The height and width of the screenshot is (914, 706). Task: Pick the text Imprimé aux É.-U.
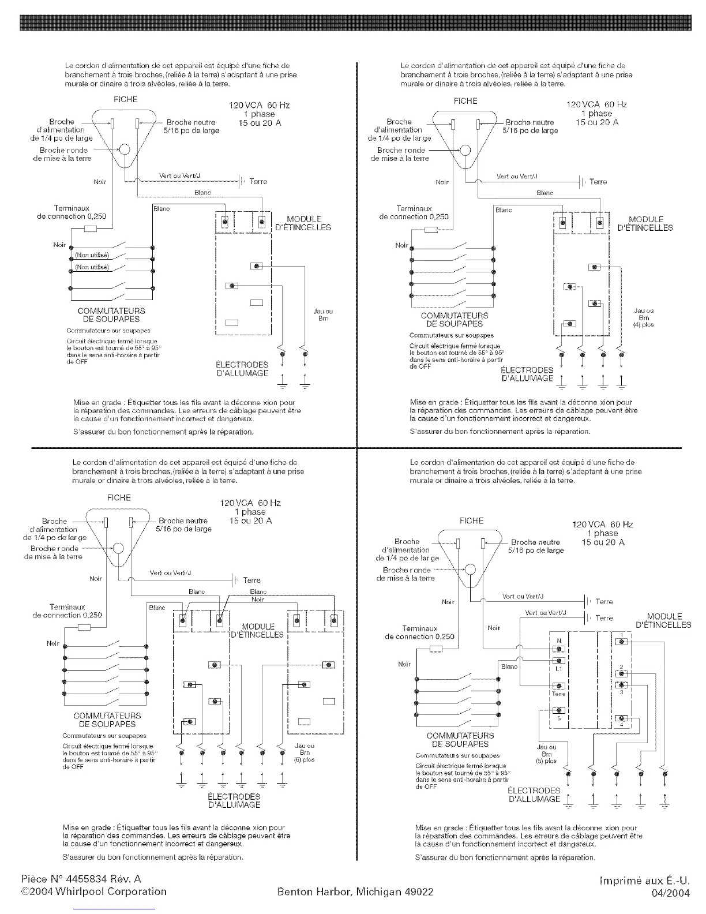(x=644, y=881)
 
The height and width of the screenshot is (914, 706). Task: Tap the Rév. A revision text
(x=128, y=879)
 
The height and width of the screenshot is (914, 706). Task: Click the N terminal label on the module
(x=558, y=641)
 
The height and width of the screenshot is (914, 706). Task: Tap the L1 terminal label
(x=558, y=669)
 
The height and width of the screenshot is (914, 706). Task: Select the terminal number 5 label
(x=558, y=718)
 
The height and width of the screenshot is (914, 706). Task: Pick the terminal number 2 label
(x=621, y=667)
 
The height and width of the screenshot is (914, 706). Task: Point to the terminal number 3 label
(x=621, y=692)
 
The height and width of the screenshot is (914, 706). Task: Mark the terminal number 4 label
(x=621, y=725)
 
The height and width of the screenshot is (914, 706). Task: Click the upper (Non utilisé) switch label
(x=92, y=254)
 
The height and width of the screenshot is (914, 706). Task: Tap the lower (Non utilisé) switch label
(x=92, y=268)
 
